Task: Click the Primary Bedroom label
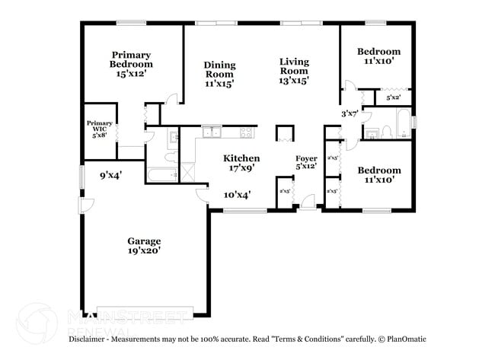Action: click(x=131, y=65)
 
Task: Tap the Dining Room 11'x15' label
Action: click(x=219, y=75)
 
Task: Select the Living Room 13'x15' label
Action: click(x=294, y=71)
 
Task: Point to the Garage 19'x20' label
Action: click(x=144, y=245)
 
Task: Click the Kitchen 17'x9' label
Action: click(x=241, y=163)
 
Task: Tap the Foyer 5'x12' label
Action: click(x=306, y=162)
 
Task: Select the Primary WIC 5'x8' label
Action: click(x=99, y=129)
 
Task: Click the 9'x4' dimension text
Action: click(x=111, y=175)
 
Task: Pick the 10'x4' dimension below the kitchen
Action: click(x=238, y=195)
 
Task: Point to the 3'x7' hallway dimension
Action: click(x=350, y=113)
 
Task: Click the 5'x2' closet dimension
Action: click(x=393, y=98)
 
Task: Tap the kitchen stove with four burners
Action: click(x=246, y=133)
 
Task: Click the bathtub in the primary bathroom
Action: click(x=161, y=176)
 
